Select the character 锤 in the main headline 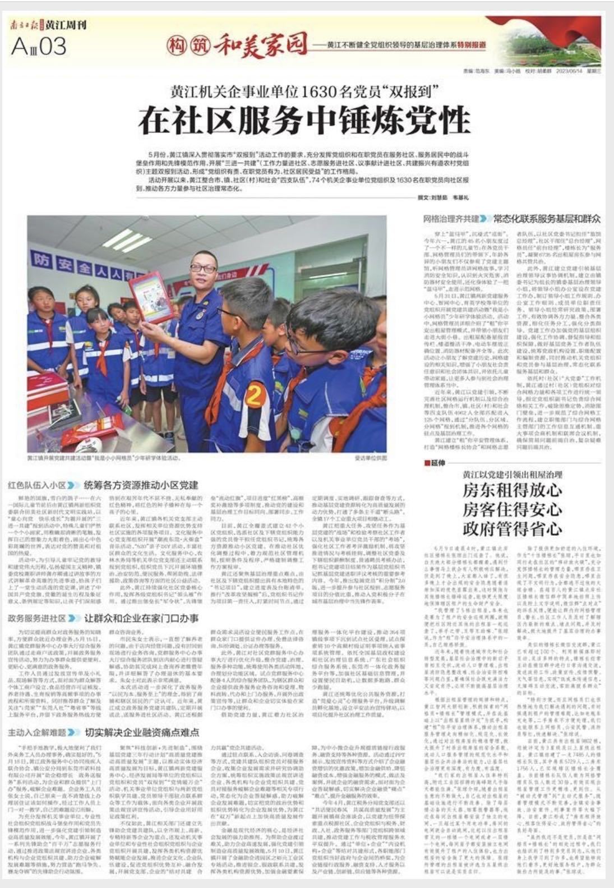pos(364,119)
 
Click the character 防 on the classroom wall pos(58,260)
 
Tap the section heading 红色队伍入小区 pos(37,484)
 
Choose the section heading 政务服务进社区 pos(37,619)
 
